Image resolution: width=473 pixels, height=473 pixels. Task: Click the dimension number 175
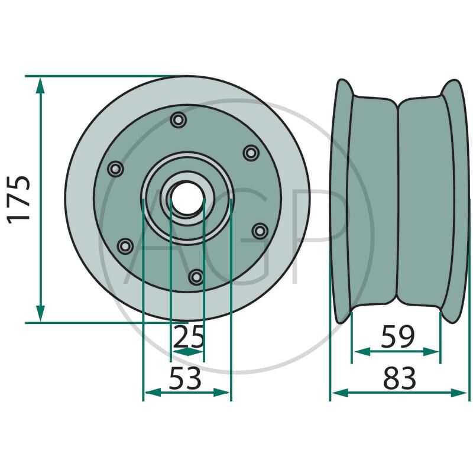19,200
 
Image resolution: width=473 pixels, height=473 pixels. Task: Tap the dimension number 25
189,336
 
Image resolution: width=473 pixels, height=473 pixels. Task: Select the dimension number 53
185,378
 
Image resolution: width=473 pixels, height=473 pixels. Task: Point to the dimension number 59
398,336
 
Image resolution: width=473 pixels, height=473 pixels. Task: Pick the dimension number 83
400,378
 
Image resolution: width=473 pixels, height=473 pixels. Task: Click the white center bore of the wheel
186,198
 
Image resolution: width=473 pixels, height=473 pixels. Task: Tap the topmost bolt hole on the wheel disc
179,120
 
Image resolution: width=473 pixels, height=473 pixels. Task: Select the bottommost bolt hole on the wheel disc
196,277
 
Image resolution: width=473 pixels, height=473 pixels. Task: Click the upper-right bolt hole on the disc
251,153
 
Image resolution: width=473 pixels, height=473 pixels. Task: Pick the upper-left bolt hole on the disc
115,169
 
